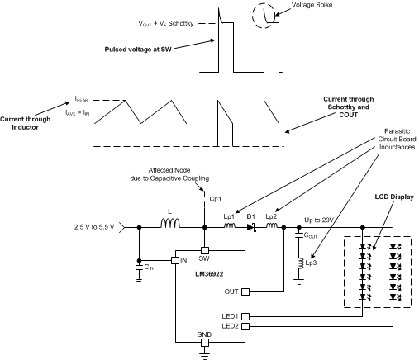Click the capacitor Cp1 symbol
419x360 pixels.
(x=204, y=198)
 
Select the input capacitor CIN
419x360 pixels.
(x=138, y=266)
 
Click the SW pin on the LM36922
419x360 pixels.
(x=204, y=250)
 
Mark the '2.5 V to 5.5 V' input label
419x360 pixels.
(x=91, y=227)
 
